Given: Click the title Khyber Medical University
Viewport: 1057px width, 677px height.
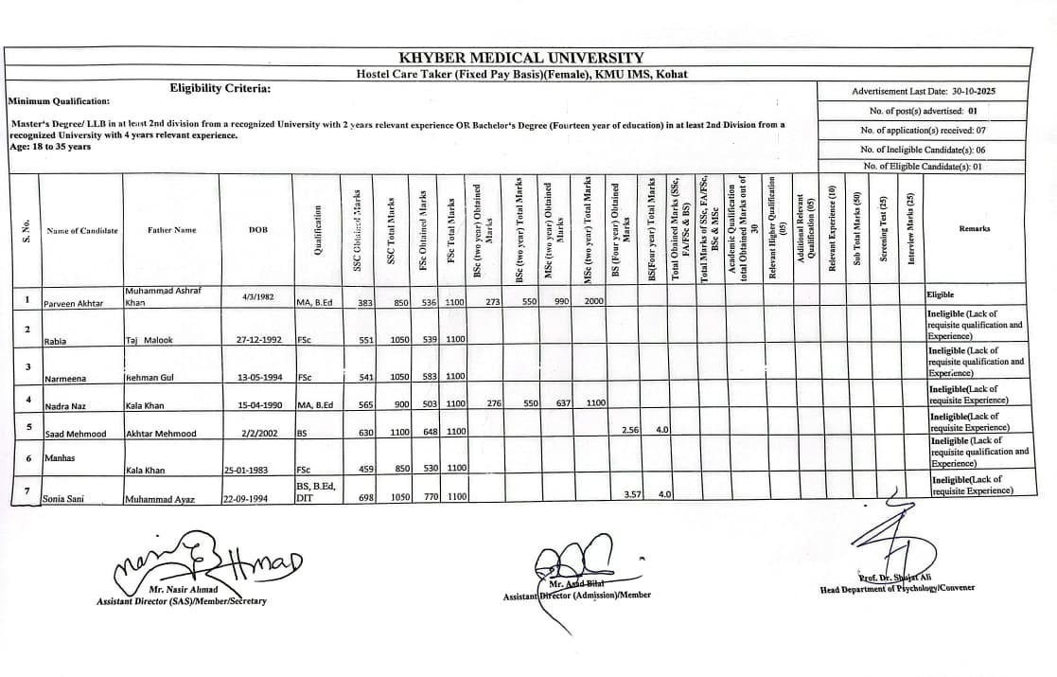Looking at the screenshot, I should click(521, 58).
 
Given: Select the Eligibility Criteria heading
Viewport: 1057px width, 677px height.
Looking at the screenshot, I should click(220, 88).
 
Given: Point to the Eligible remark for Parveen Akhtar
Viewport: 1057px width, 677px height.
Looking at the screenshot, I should click(941, 295).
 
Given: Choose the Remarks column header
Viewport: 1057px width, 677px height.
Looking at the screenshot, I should click(974, 229).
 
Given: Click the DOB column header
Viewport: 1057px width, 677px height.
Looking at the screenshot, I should click(257, 230).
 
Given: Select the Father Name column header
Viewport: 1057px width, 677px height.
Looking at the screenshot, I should click(171, 230).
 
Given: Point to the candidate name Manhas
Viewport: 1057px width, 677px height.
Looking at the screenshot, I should click(60, 458).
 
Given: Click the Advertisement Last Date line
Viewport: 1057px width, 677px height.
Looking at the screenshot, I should click(924, 92).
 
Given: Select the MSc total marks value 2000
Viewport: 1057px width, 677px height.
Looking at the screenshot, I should click(592, 301).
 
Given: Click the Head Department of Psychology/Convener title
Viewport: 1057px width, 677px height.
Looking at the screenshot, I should click(897, 589).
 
